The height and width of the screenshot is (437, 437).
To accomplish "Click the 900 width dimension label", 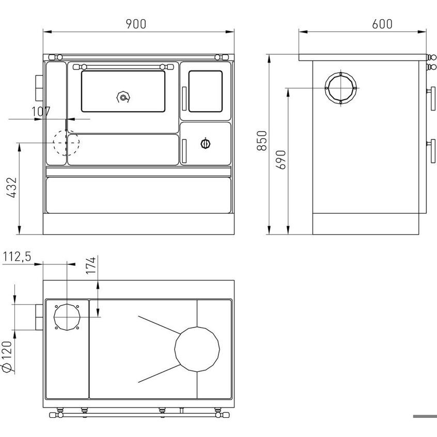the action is (x=136, y=24).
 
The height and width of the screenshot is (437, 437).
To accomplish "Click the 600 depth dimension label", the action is (x=382, y=24).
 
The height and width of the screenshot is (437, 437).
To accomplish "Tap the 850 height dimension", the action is (x=262, y=141).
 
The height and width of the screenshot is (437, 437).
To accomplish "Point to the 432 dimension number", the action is (x=12, y=188).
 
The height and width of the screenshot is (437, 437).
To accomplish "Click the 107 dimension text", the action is (x=41, y=112).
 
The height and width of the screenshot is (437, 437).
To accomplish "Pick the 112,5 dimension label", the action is (x=17, y=257).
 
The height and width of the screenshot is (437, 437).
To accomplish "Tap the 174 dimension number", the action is (x=91, y=265).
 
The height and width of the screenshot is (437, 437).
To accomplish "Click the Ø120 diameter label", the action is (x=7, y=356).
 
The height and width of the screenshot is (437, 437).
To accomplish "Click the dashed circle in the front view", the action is (x=54, y=143).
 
